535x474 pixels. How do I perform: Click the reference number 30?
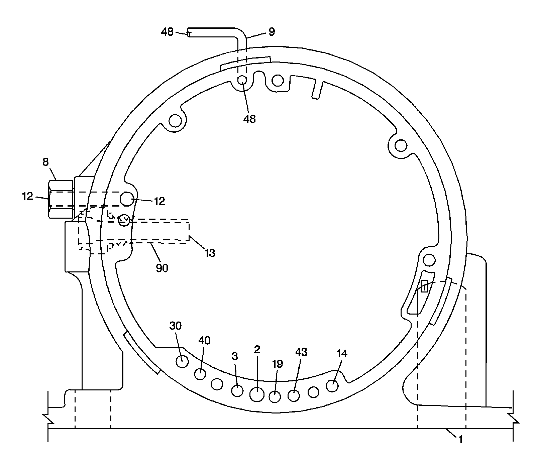click(x=176, y=325)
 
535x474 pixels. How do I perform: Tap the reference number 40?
click(x=204, y=341)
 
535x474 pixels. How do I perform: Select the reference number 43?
click(x=301, y=352)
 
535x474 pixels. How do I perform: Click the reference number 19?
click(x=278, y=364)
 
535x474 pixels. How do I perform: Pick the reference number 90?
click(x=162, y=268)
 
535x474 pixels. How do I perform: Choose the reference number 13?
click(x=210, y=253)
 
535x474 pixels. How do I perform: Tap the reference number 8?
click(x=45, y=162)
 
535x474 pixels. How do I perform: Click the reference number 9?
click(x=272, y=32)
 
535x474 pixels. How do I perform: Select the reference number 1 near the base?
click(x=460, y=440)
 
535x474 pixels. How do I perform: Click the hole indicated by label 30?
click(x=183, y=361)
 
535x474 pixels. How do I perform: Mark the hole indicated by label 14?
click(x=332, y=386)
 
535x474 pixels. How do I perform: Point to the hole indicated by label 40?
click(x=200, y=374)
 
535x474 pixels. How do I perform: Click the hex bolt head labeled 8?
click(x=61, y=199)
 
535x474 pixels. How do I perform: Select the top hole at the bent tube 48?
click(x=242, y=80)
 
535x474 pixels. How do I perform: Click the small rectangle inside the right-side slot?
click(x=424, y=286)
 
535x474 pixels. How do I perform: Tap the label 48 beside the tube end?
click(x=167, y=32)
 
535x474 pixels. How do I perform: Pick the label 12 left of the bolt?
click(x=28, y=196)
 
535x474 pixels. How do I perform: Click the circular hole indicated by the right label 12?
click(x=127, y=199)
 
